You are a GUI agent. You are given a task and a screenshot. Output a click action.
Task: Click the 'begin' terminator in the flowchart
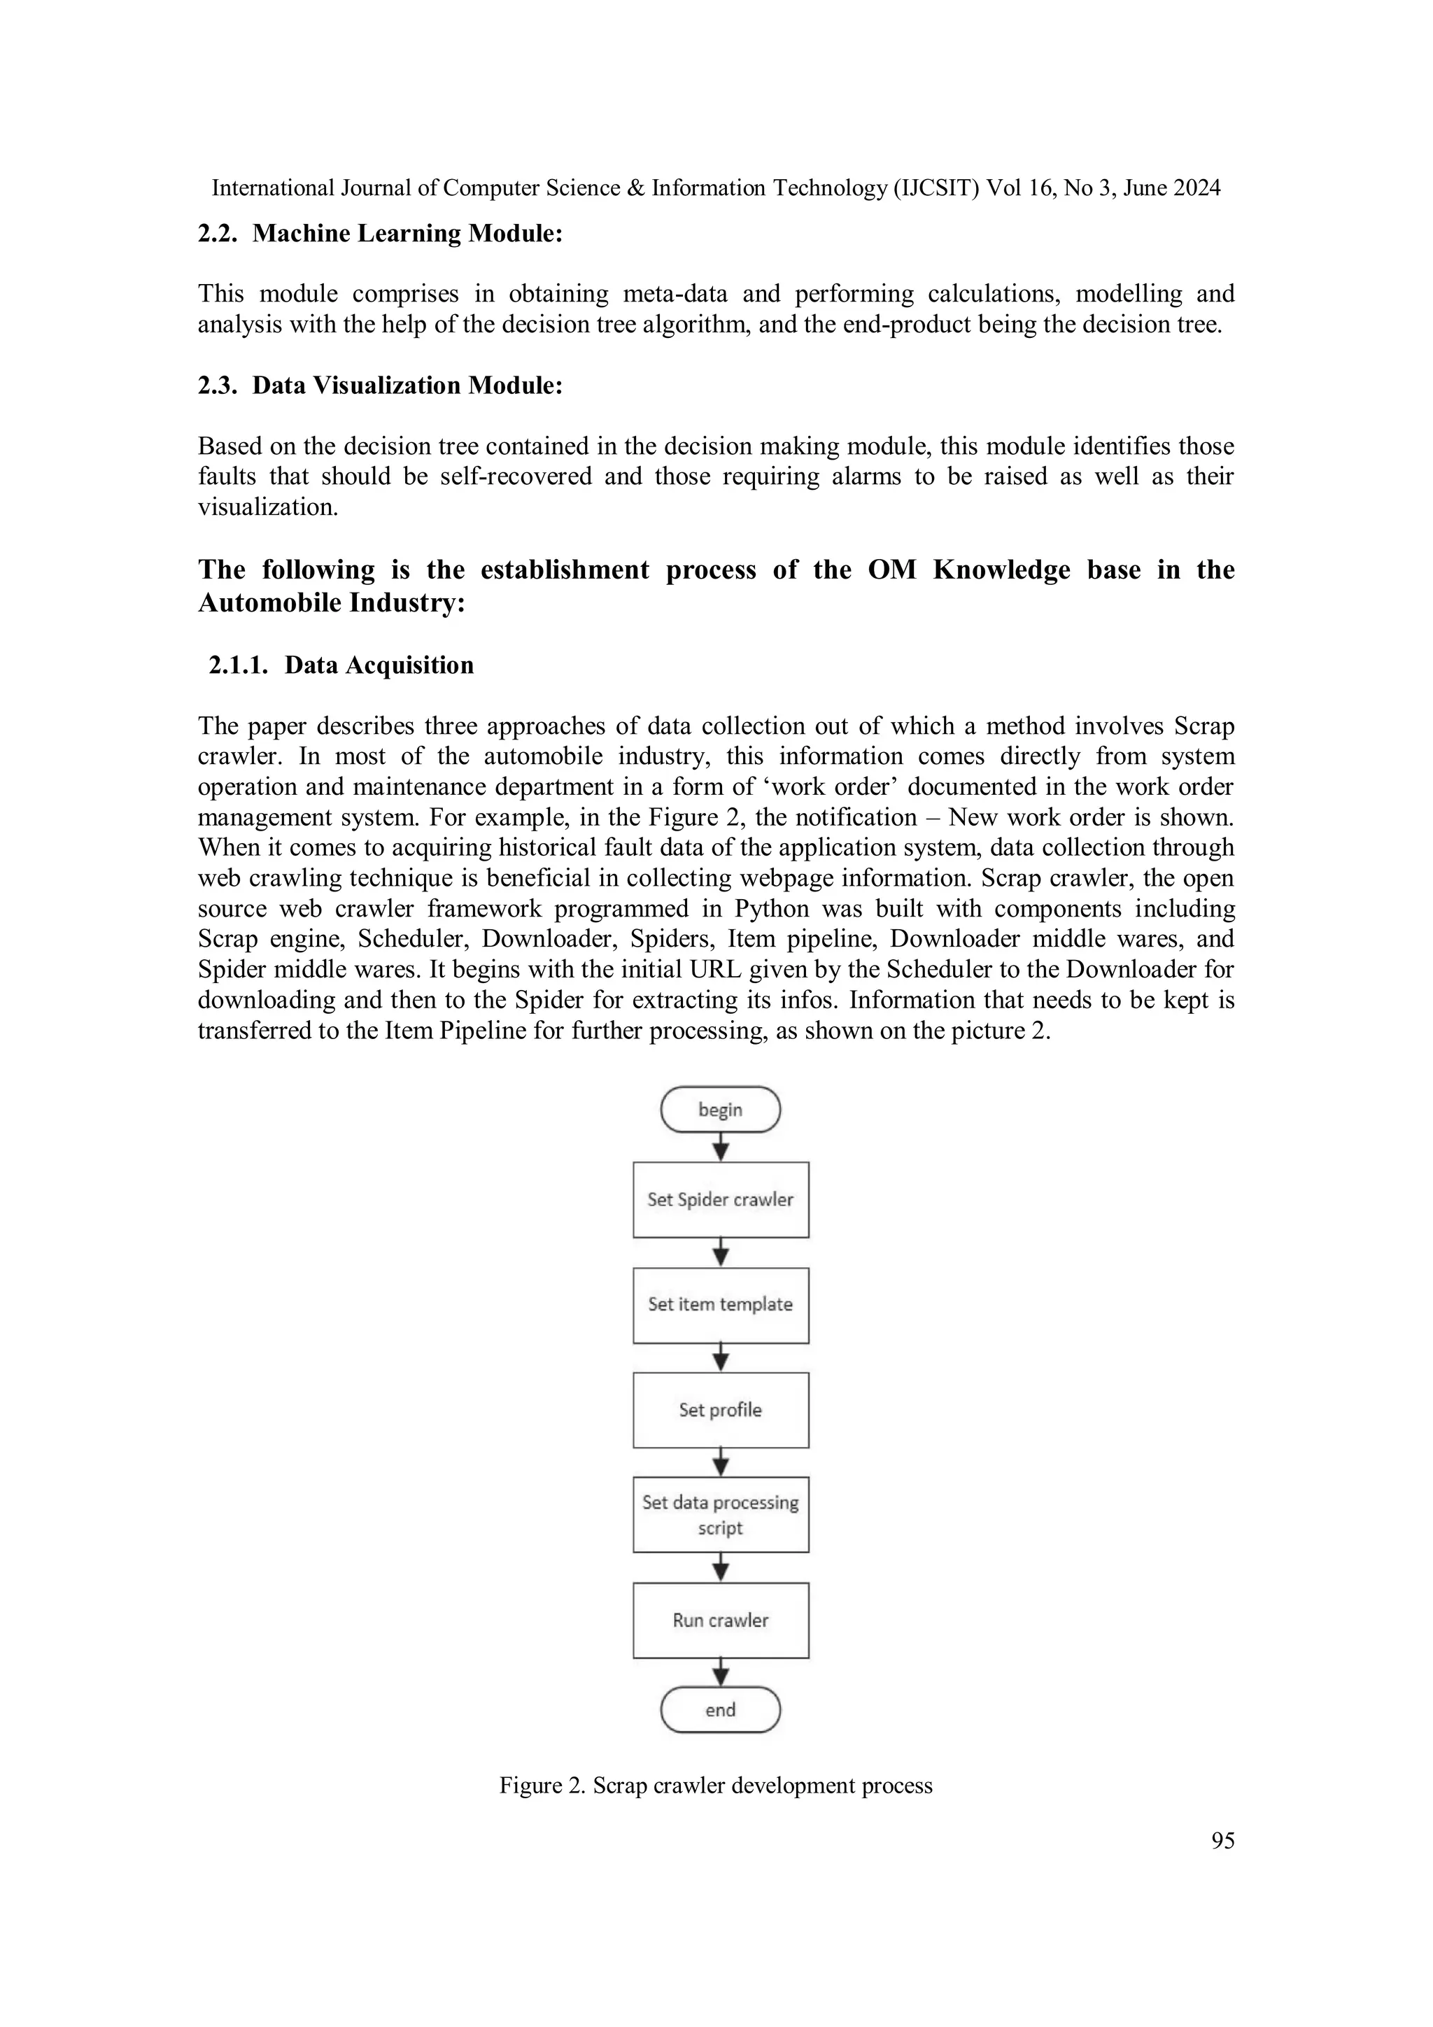(x=721, y=1110)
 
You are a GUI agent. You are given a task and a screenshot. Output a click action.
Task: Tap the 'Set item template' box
(x=721, y=1305)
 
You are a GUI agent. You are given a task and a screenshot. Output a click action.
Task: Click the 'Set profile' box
(x=721, y=1410)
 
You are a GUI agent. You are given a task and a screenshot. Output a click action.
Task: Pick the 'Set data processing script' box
(x=721, y=1515)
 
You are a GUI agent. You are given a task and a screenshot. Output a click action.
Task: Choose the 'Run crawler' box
(x=721, y=1620)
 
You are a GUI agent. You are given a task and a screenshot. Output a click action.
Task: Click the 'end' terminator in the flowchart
(x=721, y=1710)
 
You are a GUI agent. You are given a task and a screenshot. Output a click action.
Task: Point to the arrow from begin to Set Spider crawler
(x=721, y=1147)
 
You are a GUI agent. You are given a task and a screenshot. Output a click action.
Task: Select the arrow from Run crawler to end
(x=721, y=1672)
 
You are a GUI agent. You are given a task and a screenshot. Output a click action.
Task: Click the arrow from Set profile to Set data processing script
(x=721, y=1462)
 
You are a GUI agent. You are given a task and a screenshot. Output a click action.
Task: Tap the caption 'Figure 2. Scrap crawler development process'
(x=716, y=1785)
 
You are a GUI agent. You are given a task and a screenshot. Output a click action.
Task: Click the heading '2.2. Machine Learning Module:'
(x=380, y=234)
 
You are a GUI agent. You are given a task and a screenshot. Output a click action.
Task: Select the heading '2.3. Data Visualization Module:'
(x=380, y=386)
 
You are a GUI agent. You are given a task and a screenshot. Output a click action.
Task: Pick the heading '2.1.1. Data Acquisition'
(x=341, y=665)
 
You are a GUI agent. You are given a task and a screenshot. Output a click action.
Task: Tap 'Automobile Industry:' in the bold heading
(x=331, y=603)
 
